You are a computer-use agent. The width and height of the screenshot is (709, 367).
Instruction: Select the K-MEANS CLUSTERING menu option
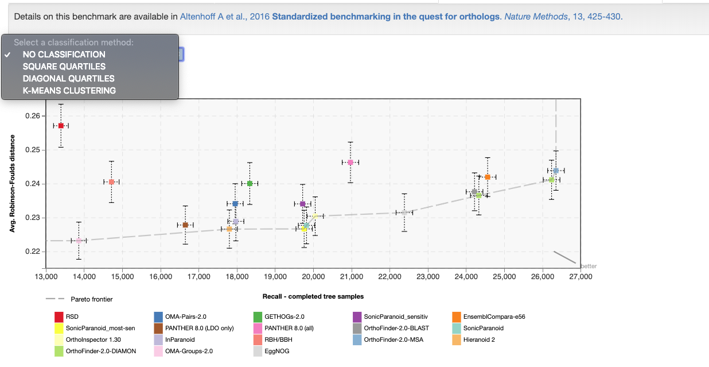[x=69, y=91]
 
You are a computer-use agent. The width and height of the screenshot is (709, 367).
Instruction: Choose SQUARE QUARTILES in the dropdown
[x=64, y=67]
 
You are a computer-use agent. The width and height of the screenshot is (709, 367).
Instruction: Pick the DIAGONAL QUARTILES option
[x=68, y=79]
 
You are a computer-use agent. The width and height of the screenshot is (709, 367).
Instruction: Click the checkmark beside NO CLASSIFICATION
[x=7, y=55]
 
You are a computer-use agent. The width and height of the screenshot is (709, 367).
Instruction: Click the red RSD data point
[x=61, y=126]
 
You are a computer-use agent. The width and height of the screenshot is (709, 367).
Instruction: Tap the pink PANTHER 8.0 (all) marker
[x=350, y=163]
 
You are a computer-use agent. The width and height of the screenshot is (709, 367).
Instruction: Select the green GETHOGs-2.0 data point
[x=250, y=184]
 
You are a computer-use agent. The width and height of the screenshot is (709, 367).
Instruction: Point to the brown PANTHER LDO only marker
[x=185, y=225]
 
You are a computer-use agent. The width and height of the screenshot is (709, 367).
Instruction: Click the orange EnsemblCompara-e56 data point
[x=488, y=177]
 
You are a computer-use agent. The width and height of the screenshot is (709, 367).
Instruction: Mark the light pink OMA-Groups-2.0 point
[x=79, y=241]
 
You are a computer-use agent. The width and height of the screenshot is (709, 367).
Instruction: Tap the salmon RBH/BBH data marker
[x=111, y=182]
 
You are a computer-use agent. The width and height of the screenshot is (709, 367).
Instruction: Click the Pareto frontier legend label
[x=91, y=299]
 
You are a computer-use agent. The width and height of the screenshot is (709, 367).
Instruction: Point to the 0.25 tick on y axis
[x=33, y=149]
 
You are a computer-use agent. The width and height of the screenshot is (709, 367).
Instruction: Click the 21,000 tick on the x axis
[x=351, y=277]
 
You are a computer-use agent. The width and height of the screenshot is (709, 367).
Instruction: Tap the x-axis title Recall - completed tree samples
[x=313, y=296]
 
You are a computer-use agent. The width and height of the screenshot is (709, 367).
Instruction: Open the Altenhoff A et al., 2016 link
[x=225, y=17]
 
